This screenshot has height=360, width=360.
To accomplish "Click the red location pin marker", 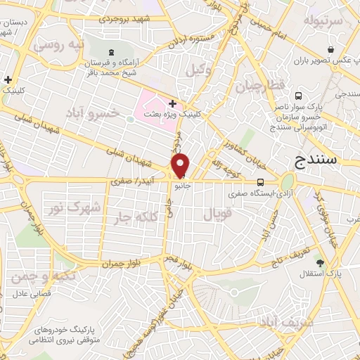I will (x=181, y=165).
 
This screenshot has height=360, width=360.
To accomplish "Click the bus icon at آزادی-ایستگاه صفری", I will (x=261, y=180).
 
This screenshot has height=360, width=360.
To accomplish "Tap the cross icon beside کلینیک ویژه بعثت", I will (x=172, y=103).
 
